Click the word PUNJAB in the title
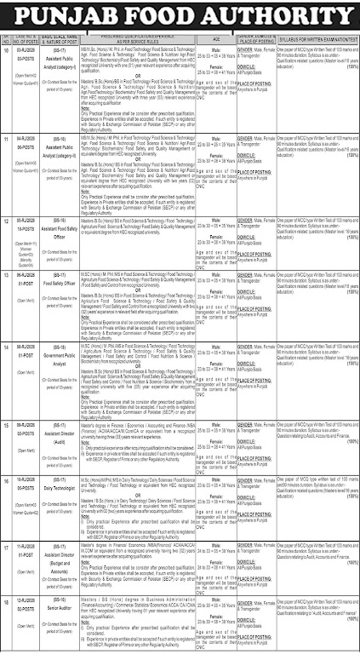(74, 15)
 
